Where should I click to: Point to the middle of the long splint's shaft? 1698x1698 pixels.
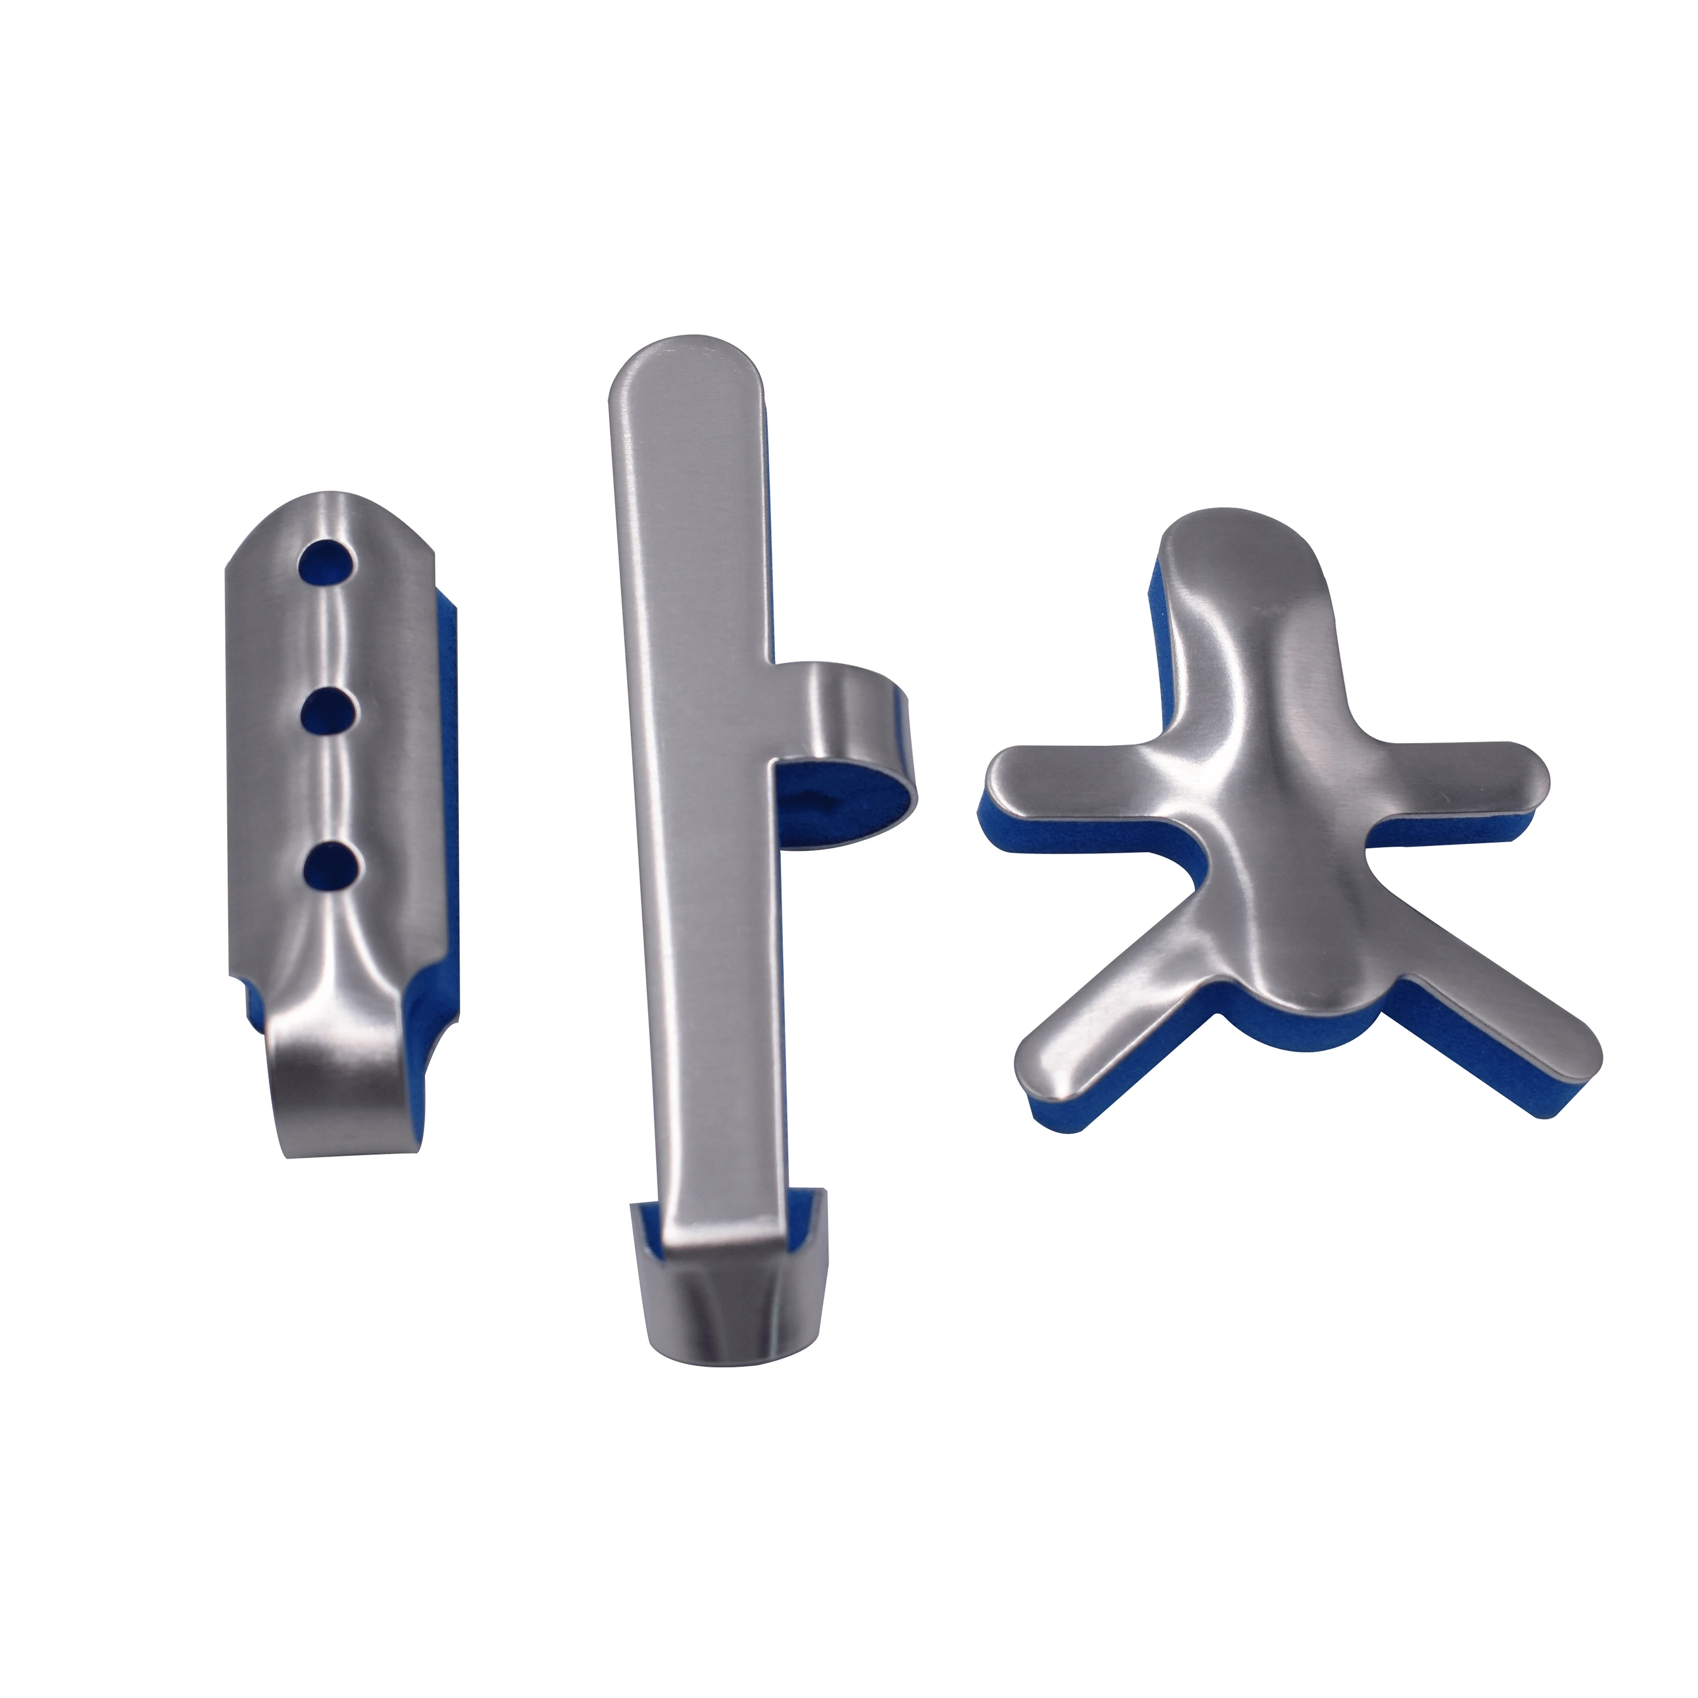pyautogui.click(x=703, y=791)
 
